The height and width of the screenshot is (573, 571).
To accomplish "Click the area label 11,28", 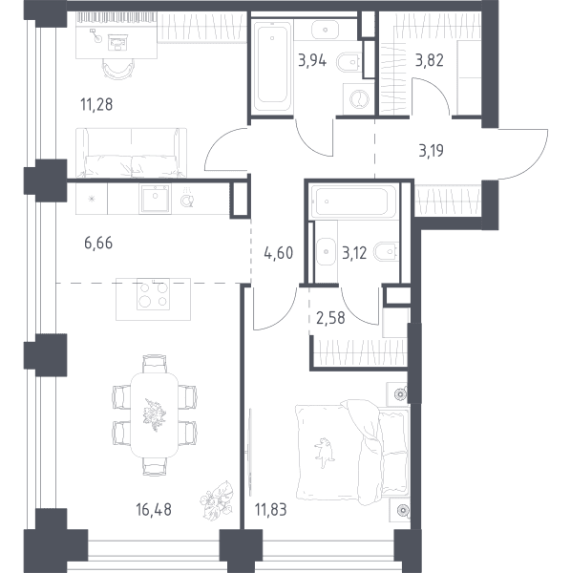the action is pyautogui.click(x=96, y=104).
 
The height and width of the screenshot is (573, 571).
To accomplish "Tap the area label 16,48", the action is pyautogui.click(x=154, y=509).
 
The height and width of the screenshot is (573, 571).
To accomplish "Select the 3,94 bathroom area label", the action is pyautogui.click(x=312, y=60).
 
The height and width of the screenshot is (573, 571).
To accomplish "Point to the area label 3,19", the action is pyautogui.click(x=431, y=150).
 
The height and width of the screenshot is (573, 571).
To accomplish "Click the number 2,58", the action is pyautogui.click(x=330, y=318).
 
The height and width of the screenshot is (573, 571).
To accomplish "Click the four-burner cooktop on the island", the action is pyautogui.click(x=153, y=294).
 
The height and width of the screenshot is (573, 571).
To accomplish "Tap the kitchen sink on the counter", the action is pyautogui.click(x=155, y=199).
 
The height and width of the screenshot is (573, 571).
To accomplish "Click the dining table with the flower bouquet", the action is pyautogui.click(x=155, y=414).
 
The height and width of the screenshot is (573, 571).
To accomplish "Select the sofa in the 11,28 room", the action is pyautogui.click(x=131, y=153).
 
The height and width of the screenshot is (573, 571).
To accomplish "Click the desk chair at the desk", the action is pyautogui.click(x=118, y=69).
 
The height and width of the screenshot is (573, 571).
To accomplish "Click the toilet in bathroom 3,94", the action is pyautogui.click(x=349, y=62).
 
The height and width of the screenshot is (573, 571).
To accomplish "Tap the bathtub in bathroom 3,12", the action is pyautogui.click(x=353, y=202).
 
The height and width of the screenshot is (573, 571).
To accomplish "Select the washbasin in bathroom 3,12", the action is pyautogui.click(x=326, y=251).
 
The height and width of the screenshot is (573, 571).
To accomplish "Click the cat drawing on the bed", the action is pyautogui.click(x=324, y=453).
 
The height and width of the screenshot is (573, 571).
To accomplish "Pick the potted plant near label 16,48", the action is pyautogui.click(x=216, y=499).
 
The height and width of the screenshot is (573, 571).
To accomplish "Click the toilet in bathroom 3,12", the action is pyautogui.click(x=386, y=251).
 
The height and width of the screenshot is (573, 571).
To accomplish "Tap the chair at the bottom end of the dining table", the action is pyautogui.click(x=155, y=466).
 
